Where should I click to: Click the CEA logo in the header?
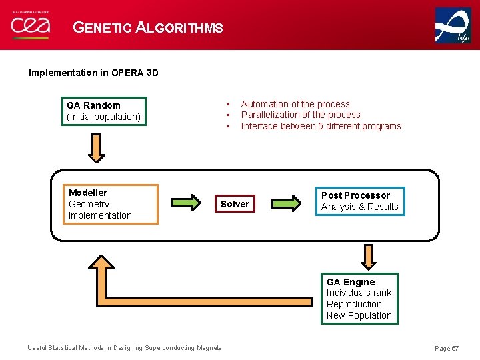30,25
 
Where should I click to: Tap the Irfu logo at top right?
453,25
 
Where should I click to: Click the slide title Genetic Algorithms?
147,27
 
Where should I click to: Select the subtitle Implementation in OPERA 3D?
93,73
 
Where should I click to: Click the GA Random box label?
93,105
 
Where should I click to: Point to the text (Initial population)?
103,117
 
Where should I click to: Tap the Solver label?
235,204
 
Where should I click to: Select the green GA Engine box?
359,299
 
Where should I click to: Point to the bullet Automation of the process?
295,104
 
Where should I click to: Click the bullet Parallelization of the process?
300,115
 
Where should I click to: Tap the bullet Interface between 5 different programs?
321,126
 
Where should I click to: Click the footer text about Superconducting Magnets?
124,348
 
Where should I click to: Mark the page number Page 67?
447,349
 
